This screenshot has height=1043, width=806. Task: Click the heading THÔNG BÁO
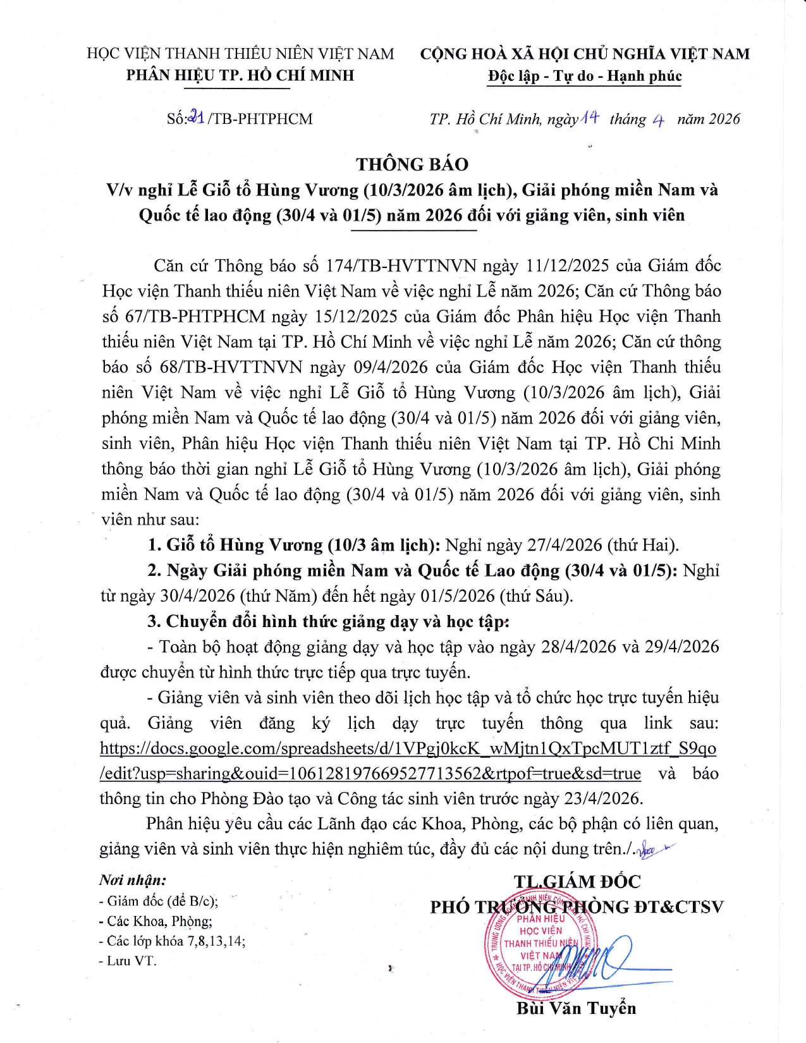point(412,164)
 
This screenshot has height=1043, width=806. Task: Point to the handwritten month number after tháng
point(657,120)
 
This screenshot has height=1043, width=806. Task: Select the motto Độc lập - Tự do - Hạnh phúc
point(585,76)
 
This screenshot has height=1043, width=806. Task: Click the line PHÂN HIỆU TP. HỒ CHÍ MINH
point(240,75)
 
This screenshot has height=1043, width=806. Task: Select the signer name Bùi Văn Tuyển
point(576,1008)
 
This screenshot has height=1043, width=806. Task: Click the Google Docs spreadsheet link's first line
point(408,748)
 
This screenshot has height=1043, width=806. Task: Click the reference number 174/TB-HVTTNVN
point(401,265)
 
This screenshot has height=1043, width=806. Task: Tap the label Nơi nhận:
point(132,880)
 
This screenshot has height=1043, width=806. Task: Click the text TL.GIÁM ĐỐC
point(577,882)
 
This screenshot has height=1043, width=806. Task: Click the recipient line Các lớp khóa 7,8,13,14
point(172,941)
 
